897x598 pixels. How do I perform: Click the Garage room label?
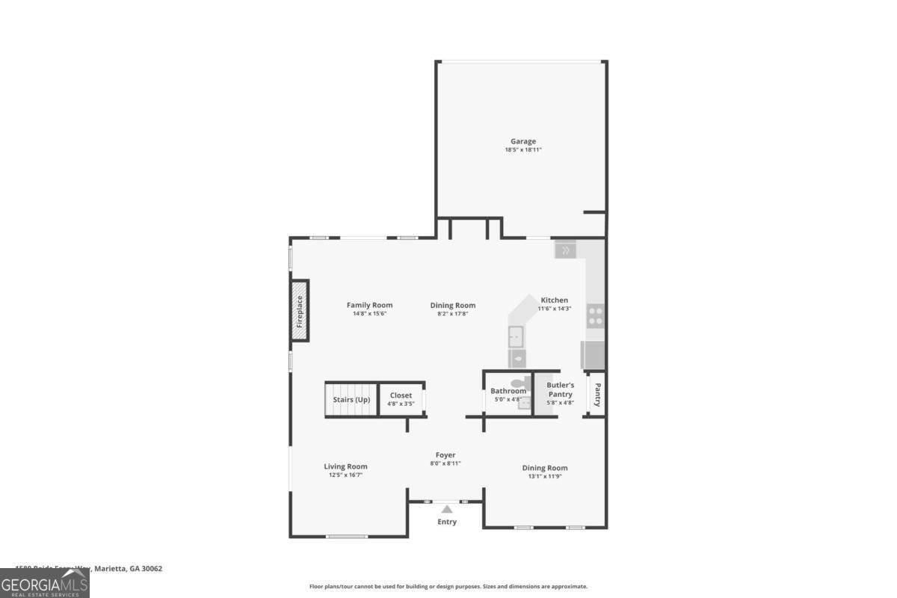click(x=523, y=141)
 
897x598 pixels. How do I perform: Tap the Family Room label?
click(x=369, y=305)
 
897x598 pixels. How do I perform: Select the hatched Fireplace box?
click(x=300, y=311)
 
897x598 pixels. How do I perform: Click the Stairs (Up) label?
click(x=351, y=399)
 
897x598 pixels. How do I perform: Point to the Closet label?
click(x=401, y=395)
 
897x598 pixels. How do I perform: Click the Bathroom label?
click(x=508, y=391)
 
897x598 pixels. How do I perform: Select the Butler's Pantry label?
click(x=560, y=389)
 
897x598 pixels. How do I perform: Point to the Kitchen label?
click(x=554, y=300)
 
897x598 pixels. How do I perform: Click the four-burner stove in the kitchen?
click(x=595, y=315)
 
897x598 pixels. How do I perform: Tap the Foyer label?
click(x=446, y=454)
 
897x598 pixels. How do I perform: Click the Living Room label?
click(x=345, y=466)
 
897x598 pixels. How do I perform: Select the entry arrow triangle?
click(x=446, y=509)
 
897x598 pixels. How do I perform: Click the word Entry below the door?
click(x=447, y=522)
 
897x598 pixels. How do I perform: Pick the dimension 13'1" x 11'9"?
click(x=545, y=476)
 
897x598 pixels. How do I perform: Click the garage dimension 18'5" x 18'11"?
click(x=523, y=150)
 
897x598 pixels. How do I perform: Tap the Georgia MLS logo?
click(x=45, y=583)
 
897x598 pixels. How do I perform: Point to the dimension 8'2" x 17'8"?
click(x=453, y=314)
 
